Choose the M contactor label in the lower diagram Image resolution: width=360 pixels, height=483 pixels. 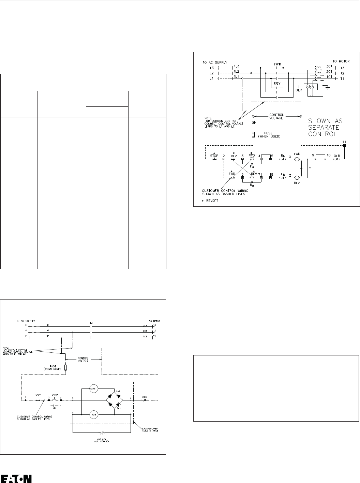[91, 322]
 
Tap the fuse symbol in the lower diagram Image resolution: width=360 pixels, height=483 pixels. [65, 368]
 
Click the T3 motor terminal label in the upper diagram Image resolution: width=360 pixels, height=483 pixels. [343, 68]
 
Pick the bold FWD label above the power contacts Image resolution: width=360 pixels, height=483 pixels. [278, 64]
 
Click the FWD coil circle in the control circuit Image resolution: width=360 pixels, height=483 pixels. [296, 159]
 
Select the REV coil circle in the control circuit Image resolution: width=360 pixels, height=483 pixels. [296, 177]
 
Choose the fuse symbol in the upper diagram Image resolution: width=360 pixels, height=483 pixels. [253, 134]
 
